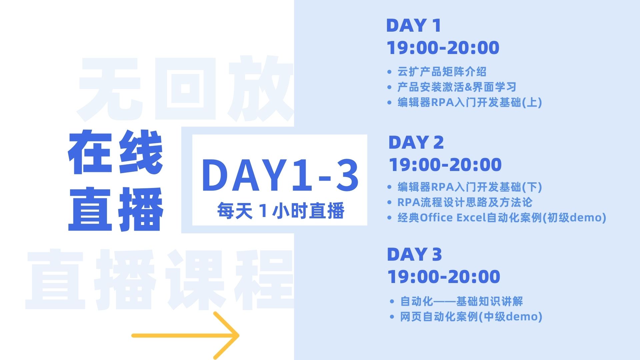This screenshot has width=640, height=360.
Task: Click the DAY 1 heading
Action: (413, 25)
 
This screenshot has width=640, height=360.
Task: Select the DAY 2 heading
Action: (416, 142)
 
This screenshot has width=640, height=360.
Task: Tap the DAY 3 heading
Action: (414, 254)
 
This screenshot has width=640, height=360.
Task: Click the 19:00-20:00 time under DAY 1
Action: (443, 47)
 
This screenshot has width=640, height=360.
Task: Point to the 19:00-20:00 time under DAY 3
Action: (444, 276)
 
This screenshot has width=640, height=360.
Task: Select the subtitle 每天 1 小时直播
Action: (281, 211)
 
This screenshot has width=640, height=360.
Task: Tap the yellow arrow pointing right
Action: (185, 335)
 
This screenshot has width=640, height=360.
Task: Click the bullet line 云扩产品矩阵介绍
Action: (442, 72)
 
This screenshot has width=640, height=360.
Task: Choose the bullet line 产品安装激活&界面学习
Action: (457, 87)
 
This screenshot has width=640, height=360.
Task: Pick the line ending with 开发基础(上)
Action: (470, 102)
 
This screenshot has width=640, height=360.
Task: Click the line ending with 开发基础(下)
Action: (470, 187)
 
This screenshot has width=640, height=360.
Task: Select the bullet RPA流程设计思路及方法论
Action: (465, 202)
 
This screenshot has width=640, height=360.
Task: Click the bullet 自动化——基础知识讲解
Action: (461, 301)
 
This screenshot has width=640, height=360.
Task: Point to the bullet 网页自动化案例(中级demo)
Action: (471, 317)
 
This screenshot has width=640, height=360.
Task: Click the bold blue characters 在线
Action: (115, 152)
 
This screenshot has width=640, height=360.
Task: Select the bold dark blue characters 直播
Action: (115, 209)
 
